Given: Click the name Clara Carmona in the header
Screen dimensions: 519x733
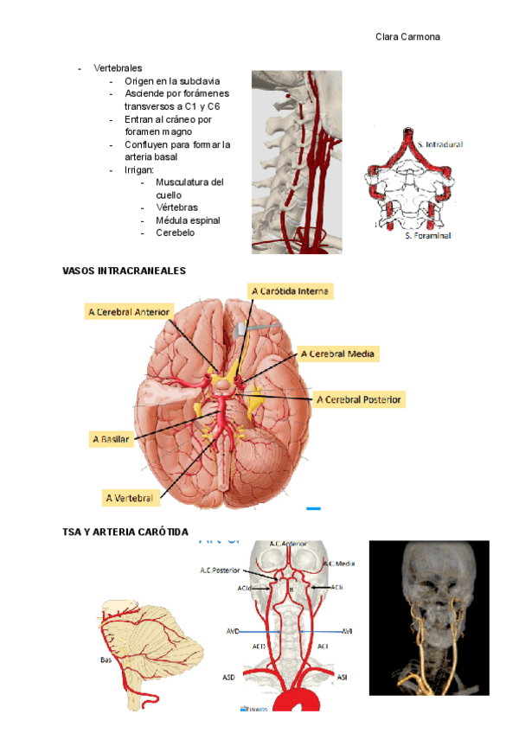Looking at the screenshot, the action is (x=407, y=36).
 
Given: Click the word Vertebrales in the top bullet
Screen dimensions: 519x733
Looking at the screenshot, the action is (x=118, y=67).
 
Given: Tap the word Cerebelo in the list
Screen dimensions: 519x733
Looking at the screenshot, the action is (x=175, y=233).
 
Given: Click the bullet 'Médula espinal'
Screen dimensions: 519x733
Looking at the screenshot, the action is (x=188, y=220).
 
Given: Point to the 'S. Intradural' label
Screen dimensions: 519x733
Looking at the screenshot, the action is (x=439, y=144).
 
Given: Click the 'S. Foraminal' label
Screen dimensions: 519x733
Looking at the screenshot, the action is (x=427, y=235).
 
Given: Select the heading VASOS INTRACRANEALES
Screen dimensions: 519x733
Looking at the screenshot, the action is (x=125, y=271).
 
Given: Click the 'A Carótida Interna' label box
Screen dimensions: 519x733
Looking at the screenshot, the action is (x=290, y=292).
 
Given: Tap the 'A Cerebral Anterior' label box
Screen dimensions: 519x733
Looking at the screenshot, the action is (x=130, y=311).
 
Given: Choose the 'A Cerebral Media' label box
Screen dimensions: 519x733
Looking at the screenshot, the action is (x=338, y=354).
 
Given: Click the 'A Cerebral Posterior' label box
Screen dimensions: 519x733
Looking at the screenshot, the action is (x=360, y=399).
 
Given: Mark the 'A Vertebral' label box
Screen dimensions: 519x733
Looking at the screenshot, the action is (x=129, y=498).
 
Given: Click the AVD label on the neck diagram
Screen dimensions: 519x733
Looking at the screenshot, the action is (x=233, y=632).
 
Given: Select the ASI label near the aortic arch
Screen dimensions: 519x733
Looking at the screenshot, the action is (x=343, y=678).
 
